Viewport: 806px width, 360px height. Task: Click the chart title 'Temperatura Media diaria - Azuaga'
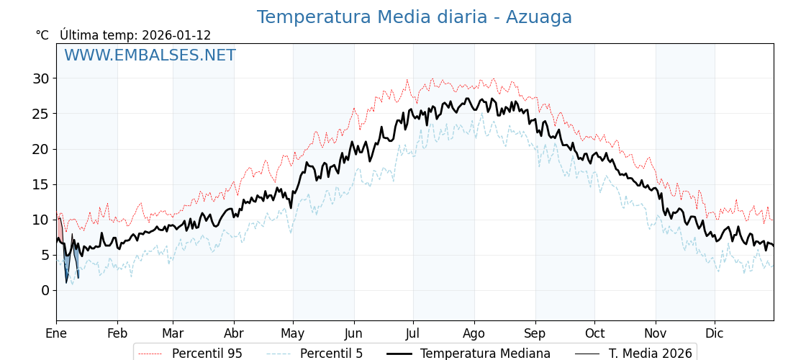click(x=414, y=17)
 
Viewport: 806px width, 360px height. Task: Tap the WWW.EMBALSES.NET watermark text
click(x=150, y=55)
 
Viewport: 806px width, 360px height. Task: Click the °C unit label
click(x=42, y=35)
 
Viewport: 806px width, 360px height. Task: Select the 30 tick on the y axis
click(x=40, y=78)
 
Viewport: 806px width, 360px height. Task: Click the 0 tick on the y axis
click(x=45, y=290)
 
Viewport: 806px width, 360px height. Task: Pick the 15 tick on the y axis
click(x=40, y=184)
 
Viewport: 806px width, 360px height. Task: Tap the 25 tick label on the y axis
click(x=40, y=114)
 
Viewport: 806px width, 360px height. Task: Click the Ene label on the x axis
click(x=56, y=333)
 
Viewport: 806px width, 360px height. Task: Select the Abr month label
click(x=234, y=333)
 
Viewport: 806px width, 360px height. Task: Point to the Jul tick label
click(x=413, y=333)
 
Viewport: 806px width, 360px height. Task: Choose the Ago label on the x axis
click(x=474, y=333)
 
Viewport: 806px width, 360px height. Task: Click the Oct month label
click(x=594, y=333)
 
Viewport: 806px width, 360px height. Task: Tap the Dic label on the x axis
click(x=715, y=333)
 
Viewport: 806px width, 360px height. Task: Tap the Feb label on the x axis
click(x=117, y=333)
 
